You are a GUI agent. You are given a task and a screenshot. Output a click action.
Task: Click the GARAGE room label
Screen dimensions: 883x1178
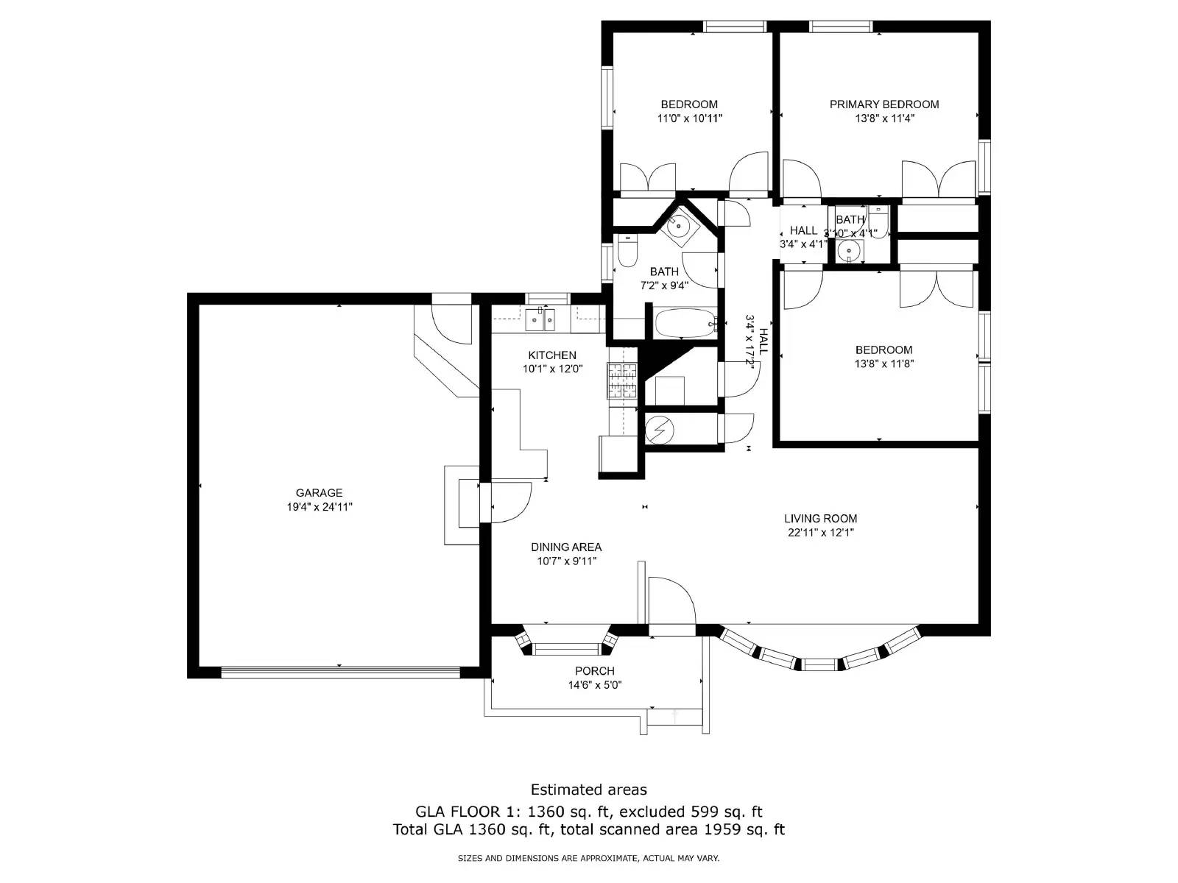pos(319,493)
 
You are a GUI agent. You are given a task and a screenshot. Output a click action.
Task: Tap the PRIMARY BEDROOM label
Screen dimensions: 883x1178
pos(883,104)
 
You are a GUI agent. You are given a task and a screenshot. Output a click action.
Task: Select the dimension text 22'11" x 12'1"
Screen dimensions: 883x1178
pos(820,532)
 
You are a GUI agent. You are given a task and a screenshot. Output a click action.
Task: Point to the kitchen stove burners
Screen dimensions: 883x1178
pos(622,381)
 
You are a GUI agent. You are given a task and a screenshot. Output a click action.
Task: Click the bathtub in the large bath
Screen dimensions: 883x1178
pos(684,324)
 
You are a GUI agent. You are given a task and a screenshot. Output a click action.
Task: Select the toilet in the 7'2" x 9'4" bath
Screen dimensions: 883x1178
pos(627,252)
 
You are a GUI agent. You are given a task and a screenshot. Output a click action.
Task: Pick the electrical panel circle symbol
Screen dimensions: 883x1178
pos(659,429)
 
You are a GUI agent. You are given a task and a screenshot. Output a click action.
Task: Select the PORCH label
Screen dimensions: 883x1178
pos(594,671)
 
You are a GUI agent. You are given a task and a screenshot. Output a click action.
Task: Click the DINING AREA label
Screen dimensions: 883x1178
pos(565,547)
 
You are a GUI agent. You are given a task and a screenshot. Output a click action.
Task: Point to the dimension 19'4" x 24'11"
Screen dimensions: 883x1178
pos(320,507)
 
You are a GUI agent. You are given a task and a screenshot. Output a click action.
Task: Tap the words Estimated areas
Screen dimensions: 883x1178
pos(588,790)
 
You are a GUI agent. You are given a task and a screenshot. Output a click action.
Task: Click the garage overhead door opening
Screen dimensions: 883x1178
pos(340,672)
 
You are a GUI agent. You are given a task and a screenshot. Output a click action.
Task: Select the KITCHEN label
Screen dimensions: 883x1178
pos(551,355)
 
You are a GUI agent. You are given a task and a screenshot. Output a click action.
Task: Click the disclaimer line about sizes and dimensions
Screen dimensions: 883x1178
pos(588,858)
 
